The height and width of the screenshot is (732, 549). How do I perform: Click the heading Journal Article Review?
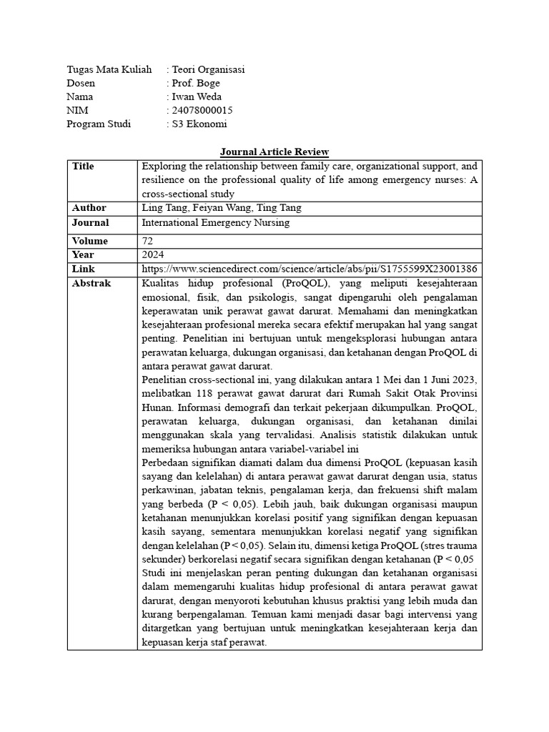point(274,152)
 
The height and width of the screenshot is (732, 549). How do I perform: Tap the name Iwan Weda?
point(197,97)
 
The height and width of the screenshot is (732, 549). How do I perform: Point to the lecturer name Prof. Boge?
point(195,83)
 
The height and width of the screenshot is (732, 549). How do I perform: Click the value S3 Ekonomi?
point(199,124)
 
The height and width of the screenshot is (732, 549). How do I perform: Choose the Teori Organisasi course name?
point(208,69)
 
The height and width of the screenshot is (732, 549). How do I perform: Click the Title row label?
point(83,166)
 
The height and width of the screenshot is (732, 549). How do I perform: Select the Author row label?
point(89,208)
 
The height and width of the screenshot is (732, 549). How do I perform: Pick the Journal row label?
point(90,222)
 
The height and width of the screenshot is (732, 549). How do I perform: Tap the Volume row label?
point(90,241)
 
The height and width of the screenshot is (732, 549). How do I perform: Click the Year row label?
point(83,254)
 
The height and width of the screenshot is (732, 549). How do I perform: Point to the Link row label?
point(83,269)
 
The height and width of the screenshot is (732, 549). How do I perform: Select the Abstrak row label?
point(91,283)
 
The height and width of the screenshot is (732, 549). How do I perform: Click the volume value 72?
point(148,241)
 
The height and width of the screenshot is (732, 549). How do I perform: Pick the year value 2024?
point(154,254)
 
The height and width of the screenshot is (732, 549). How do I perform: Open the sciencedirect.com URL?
point(310,269)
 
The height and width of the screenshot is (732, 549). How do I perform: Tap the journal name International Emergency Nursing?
point(215,222)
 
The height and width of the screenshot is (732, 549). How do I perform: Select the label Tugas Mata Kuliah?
point(109,69)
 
